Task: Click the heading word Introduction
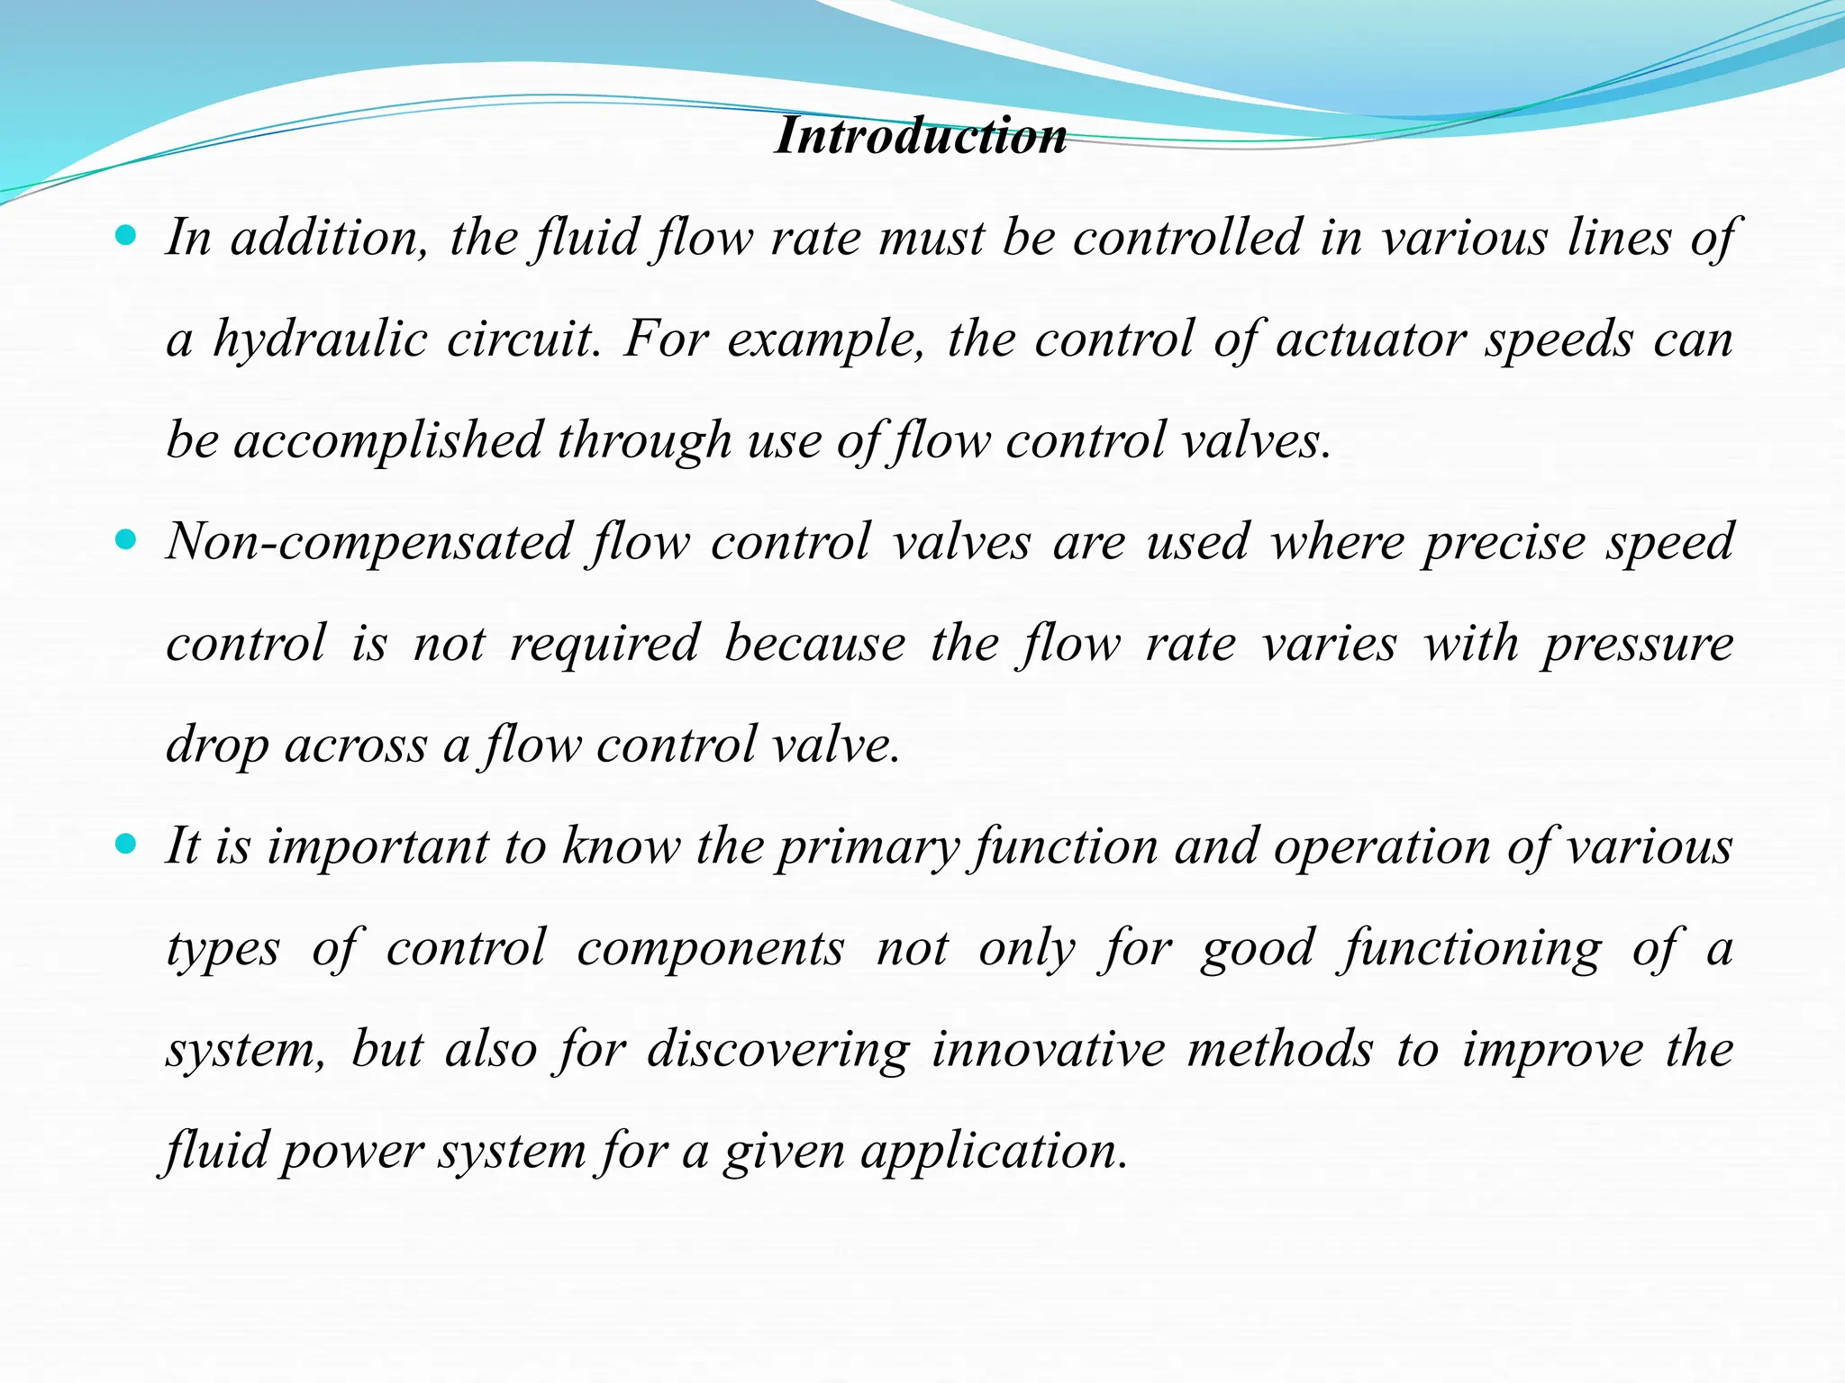(x=921, y=137)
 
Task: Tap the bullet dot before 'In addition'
(x=126, y=237)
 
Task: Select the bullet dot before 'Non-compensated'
(x=126, y=540)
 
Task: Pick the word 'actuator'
(x=1370, y=340)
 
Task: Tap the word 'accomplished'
(x=387, y=441)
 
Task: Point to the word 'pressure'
(x=1637, y=645)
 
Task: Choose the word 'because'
(x=814, y=645)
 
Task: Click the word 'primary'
(x=868, y=848)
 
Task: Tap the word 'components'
(x=710, y=949)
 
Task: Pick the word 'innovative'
(x=1049, y=1051)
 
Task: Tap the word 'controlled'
(x=1186, y=239)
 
